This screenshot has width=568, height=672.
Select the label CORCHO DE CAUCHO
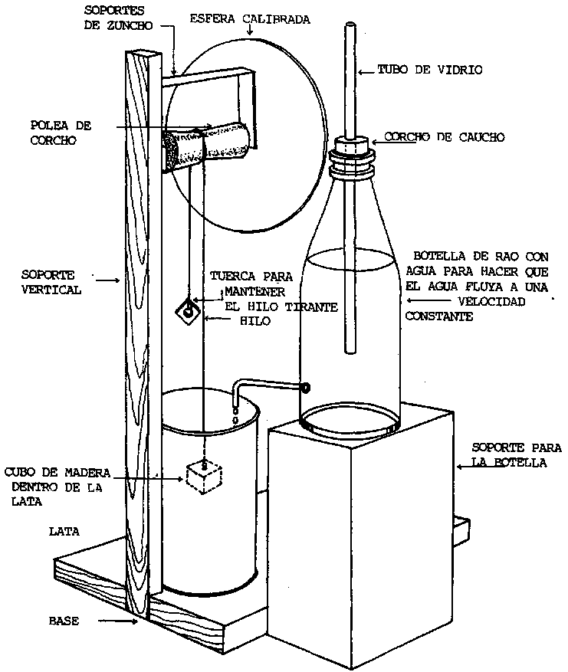click(445, 137)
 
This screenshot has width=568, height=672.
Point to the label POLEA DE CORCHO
click(56, 133)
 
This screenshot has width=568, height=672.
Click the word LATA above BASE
click(63, 530)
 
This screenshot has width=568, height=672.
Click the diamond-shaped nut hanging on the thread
click(187, 310)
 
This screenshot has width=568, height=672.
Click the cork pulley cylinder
click(205, 145)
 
